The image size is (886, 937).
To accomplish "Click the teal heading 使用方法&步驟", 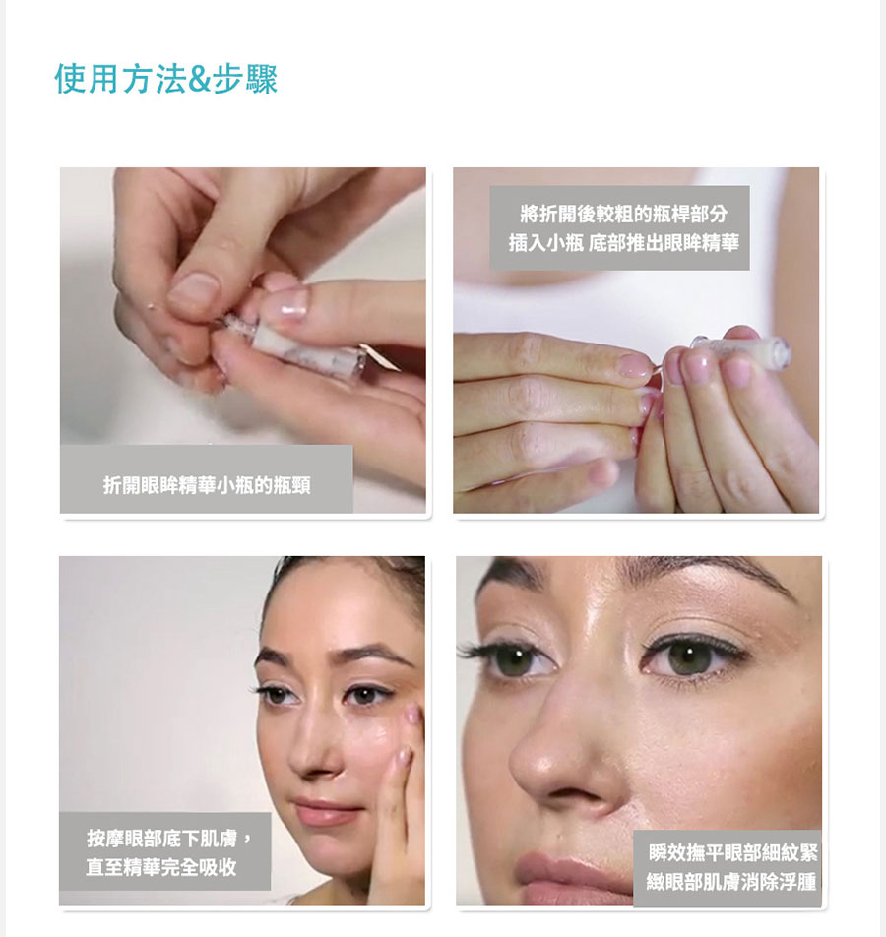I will [x=166, y=79].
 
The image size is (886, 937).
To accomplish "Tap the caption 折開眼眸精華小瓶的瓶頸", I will [x=207, y=484].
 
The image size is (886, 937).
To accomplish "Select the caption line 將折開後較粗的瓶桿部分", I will [x=619, y=215].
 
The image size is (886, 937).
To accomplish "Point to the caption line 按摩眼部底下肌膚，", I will [x=169, y=838].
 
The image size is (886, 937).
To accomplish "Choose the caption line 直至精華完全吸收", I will [x=161, y=867].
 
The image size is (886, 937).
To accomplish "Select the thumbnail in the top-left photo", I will [x=193, y=290].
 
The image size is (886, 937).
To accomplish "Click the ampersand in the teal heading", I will [x=198, y=80].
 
